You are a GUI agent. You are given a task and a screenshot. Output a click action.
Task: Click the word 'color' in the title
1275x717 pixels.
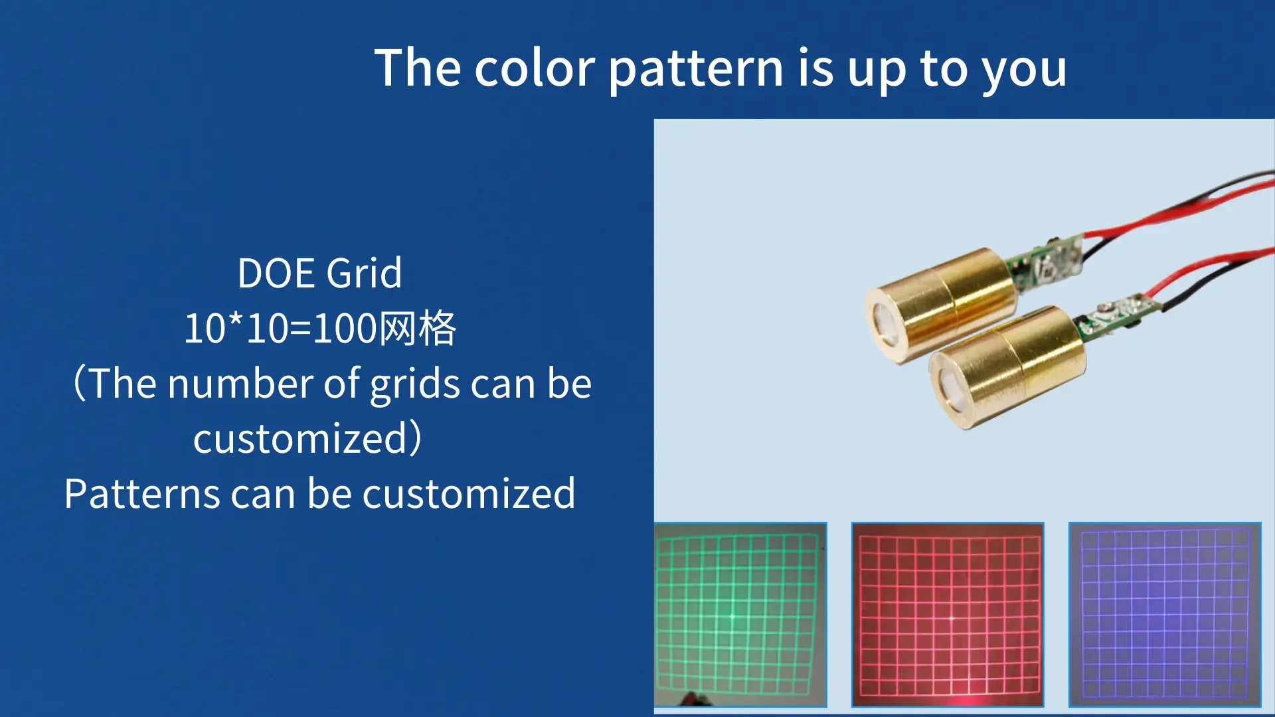[x=535, y=68]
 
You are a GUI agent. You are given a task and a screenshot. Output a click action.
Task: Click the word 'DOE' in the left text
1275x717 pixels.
[x=276, y=273]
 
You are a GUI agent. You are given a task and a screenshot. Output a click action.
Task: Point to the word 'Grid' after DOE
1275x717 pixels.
[x=365, y=273]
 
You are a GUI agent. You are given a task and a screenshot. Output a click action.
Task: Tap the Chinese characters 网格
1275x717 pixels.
[x=416, y=329]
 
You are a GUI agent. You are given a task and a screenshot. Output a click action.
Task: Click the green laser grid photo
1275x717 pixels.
[x=740, y=614]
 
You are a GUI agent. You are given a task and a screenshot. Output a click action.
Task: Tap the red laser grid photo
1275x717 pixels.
[x=948, y=614]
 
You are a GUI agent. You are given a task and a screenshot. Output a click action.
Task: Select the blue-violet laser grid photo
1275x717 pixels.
[x=1165, y=614]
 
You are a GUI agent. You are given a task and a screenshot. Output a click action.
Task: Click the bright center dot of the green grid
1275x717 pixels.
[x=733, y=617]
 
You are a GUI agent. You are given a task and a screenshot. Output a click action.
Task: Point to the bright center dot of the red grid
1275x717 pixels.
[x=952, y=618]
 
